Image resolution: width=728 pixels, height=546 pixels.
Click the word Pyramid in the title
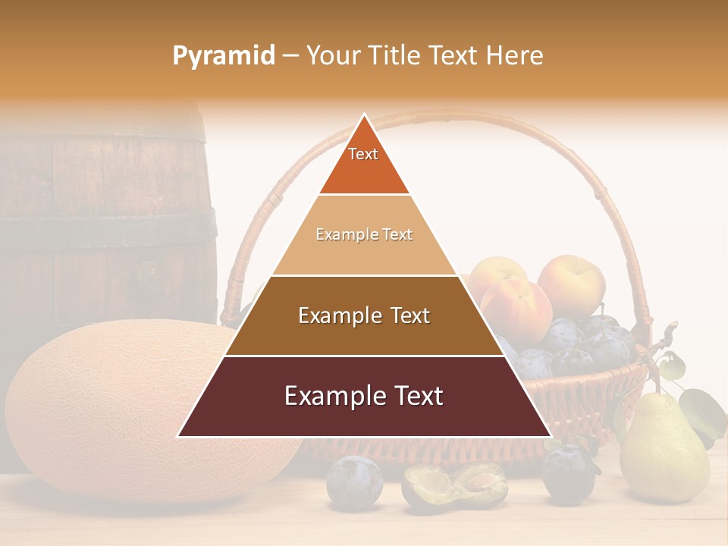click(x=224, y=56)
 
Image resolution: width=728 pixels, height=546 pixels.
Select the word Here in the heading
click(x=515, y=56)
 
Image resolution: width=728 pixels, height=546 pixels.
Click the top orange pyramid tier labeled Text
click(x=364, y=163)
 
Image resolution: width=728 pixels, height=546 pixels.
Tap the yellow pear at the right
click(x=664, y=455)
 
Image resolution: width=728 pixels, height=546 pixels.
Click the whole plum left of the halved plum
click(x=354, y=482)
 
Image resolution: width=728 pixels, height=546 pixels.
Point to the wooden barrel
click(x=106, y=212)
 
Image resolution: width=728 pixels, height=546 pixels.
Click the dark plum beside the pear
click(x=568, y=474)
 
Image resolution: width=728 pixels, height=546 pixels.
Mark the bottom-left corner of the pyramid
click(x=177, y=437)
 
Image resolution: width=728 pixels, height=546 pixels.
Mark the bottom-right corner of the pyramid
click(x=551, y=437)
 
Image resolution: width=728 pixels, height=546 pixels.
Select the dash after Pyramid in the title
click(x=290, y=56)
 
